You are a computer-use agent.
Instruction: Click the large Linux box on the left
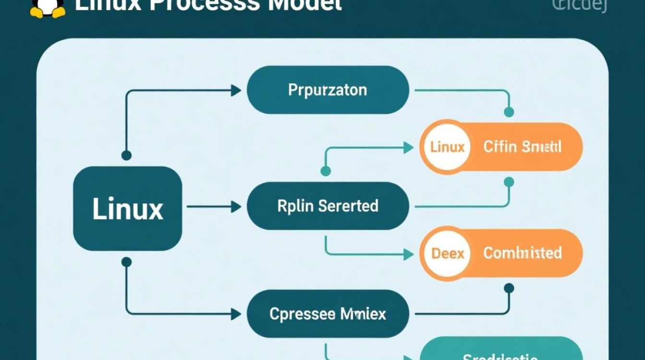tap(128, 209)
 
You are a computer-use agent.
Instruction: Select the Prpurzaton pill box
tap(328, 90)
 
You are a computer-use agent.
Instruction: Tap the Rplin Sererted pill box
tap(328, 206)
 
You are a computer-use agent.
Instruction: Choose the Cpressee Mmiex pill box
tap(328, 314)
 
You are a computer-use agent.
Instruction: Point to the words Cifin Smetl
tap(522, 147)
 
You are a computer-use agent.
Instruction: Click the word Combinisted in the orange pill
tap(522, 253)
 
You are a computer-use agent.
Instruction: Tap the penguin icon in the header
tap(48, 7)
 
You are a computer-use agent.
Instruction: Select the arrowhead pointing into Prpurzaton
tap(236, 90)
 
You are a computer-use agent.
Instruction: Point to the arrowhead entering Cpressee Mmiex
tap(236, 314)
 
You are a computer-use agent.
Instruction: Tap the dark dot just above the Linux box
tap(126, 155)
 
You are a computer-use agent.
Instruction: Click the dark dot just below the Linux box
tap(126, 262)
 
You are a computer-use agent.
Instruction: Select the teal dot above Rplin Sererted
tap(325, 171)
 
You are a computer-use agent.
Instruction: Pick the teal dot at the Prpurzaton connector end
tap(509, 112)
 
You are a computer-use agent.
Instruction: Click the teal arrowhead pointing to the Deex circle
tap(408, 254)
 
